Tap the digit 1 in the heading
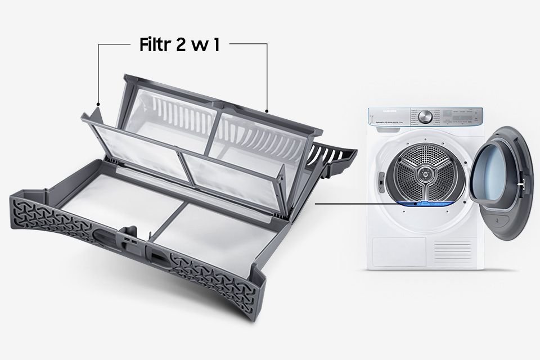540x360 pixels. [216, 46]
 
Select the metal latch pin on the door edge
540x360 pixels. [523, 183]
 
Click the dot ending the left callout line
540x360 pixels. [98, 104]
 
